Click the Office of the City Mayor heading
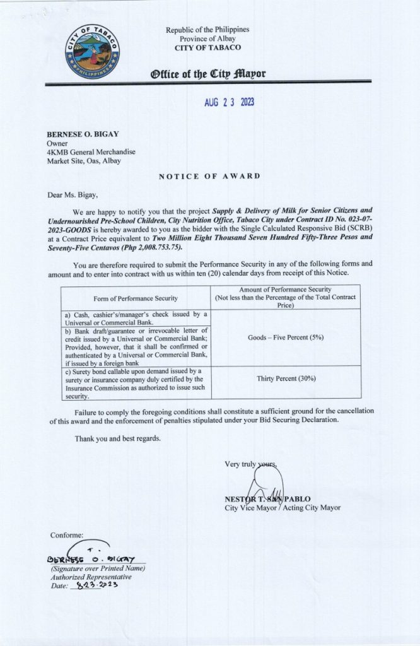tap(207, 74)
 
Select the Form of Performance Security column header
tap(135, 298)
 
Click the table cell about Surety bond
tap(135, 384)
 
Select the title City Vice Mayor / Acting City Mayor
tap(282, 507)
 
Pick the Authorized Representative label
tap(91, 577)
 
